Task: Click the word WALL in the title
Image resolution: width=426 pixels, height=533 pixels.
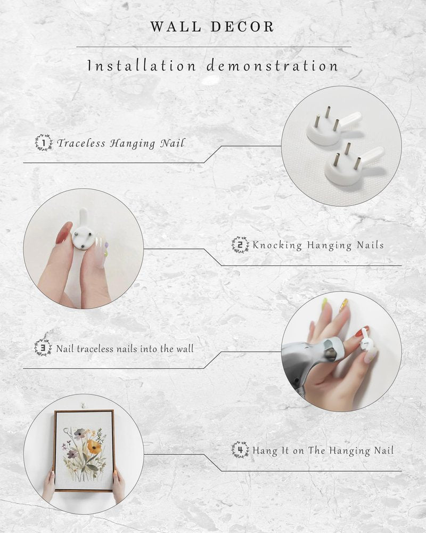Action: point(176,27)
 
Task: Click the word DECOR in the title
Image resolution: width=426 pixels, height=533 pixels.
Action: point(242,27)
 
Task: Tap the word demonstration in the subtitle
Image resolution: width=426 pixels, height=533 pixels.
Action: point(273,65)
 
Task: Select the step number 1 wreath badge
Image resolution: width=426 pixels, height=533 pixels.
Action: point(44,142)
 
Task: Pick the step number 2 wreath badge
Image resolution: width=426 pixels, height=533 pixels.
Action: point(240,245)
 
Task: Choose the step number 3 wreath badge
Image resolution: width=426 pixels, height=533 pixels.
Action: point(43,348)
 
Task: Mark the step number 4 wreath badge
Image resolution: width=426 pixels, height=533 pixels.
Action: point(240,450)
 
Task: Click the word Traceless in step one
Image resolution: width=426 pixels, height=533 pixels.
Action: point(81,143)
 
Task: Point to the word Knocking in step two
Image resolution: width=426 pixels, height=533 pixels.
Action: point(277,245)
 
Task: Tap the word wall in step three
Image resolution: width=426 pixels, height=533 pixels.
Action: point(185,349)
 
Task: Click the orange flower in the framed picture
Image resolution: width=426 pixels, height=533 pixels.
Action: point(94,447)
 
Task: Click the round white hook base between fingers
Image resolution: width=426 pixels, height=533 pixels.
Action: point(83,238)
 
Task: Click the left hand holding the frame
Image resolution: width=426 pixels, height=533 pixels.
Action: point(48,487)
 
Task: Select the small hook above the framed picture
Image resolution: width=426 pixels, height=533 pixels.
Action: point(83,406)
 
